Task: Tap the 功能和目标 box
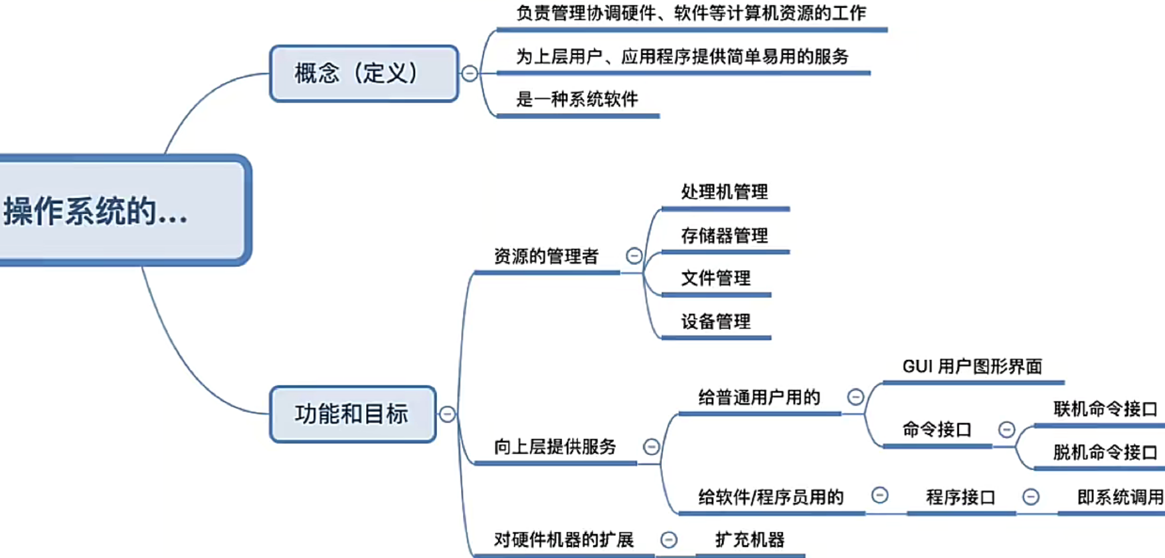coord(352,414)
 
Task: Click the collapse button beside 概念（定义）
coord(470,74)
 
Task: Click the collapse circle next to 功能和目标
coord(447,414)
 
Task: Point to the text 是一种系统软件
coord(577,100)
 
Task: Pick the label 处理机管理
coord(724,192)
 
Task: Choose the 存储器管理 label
coord(724,236)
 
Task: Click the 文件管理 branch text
coord(715,278)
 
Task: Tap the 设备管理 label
coord(715,322)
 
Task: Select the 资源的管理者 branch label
coord(546,256)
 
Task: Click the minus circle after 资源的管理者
coord(634,256)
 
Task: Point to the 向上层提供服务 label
coord(555,446)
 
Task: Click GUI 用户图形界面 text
coord(972,367)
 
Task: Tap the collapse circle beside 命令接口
coord(1006,430)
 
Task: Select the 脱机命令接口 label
coord(1105,452)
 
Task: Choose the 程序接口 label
coord(960,497)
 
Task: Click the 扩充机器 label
coord(749,539)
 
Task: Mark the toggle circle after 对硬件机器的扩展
coord(668,539)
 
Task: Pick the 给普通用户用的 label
coord(759,397)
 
